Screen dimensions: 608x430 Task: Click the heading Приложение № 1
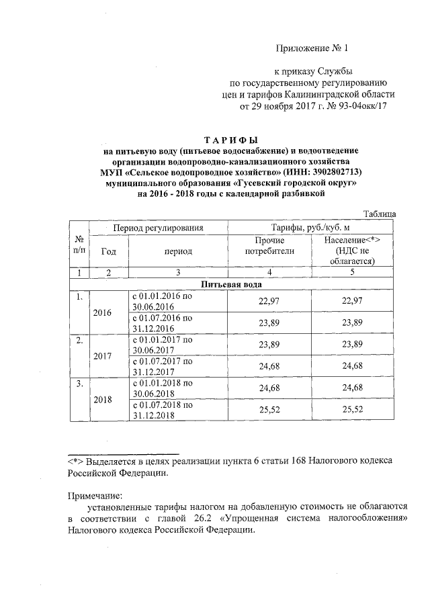(x=313, y=48)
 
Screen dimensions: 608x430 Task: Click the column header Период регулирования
(x=158, y=228)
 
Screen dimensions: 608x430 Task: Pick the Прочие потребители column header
(x=270, y=246)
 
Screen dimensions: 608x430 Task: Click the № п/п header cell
(x=79, y=246)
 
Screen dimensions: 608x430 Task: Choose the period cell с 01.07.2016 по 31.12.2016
(x=161, y=323)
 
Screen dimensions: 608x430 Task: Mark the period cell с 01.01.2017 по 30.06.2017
(x=161, y=345)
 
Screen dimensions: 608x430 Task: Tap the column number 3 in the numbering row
(x=177, y=273)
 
